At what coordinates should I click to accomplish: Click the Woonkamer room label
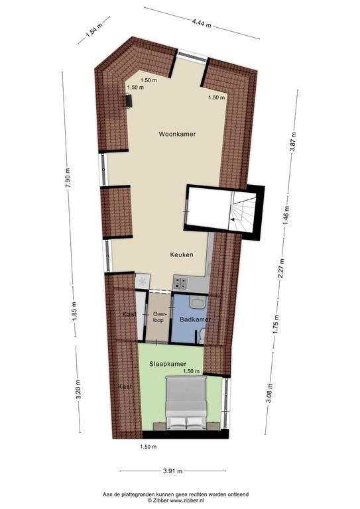[x=177, y=134]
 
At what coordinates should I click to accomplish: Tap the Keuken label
[x=182, y=254]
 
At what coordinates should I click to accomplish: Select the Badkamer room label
[x=195, y=319]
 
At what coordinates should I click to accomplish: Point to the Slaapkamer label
[x=168, y=364]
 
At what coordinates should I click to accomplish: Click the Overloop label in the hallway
[x=159, y=317]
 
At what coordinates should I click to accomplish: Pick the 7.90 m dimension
[x=68, y=178]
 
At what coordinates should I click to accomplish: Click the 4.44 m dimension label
[x=202, y=23]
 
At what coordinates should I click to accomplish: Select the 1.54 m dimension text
[x=94, y=30]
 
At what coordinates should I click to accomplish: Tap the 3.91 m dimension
[x=172, y=471]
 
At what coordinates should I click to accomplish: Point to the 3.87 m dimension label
[x=293, y=142]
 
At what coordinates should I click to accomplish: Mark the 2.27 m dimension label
[x=281, y=268]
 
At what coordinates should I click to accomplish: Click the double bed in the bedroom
[x=186, y=403]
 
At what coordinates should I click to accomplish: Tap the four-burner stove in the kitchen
[x=181, y=282]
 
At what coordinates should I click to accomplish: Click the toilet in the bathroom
[x=201, y=335]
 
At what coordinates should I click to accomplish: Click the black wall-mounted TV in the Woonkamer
[x=129, y=101]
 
